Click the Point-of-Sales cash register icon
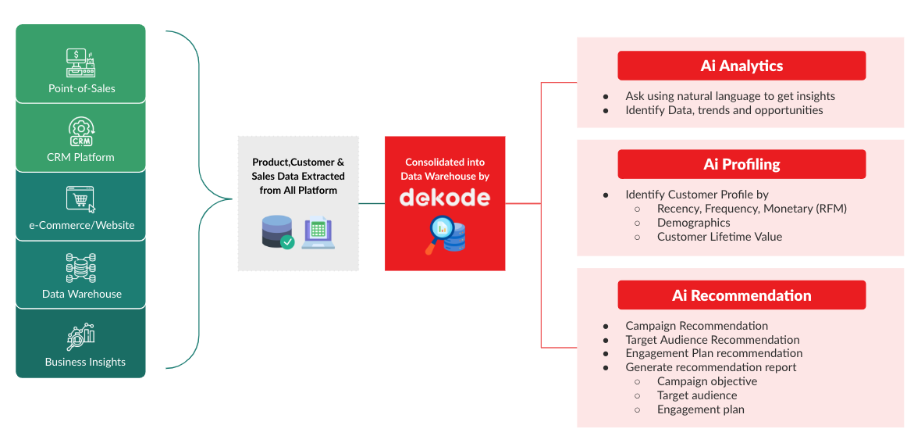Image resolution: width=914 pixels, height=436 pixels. click(x=81, y=63)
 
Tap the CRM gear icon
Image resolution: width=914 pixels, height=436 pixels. click(x=81, y=131)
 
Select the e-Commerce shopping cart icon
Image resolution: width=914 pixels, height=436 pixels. click(x=81, y=199)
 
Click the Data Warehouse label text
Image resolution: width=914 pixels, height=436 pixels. click(x=82, y=294)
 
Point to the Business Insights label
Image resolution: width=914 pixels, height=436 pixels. click(x=85, y=362)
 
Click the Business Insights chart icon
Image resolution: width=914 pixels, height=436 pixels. click(x=81, y=337)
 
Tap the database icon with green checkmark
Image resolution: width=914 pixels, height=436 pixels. click(x=278, y=232)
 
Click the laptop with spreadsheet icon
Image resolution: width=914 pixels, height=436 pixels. click(x=318, y=232)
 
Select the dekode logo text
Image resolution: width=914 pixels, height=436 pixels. click(x=445, y=198)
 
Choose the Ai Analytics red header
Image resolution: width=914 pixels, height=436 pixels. click(x=742, y=66)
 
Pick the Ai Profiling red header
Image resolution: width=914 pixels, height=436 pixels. click(x=742, y=164)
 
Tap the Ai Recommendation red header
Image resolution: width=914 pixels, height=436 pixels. click(x=742, y=295)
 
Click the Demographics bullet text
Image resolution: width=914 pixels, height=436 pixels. click(x=693, y=223)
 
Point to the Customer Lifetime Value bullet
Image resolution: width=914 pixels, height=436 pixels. click(x=719, y=237)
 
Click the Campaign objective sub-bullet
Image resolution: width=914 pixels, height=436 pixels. click(x=706, y=381)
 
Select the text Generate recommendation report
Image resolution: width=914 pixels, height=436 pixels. click(x=710, y=367)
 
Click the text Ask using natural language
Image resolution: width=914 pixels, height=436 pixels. click(x=730, y=96)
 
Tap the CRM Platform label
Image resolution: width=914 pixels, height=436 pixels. click(x=80, y=157)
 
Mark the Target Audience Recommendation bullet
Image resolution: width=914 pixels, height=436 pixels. click(x=712, y=340)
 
